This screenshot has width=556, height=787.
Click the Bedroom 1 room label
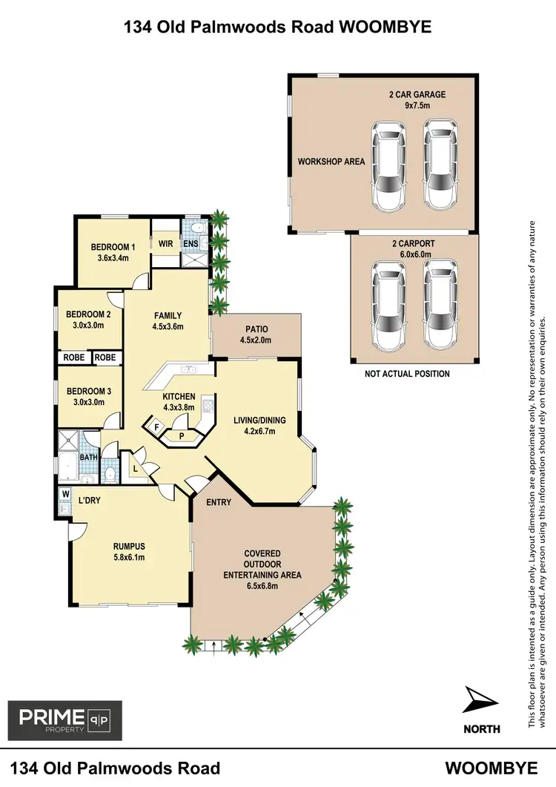coord(113,247)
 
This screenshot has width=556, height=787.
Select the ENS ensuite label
coord(191,242)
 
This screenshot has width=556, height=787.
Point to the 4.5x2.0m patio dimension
coord(256,340)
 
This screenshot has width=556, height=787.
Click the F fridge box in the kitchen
coord(156,427)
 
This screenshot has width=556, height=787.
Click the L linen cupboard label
coord(136,468)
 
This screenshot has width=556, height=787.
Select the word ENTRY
coord(219,502)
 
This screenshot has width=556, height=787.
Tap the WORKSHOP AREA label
coord(331,161)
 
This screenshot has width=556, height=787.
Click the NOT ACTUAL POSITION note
coord(407,374)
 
